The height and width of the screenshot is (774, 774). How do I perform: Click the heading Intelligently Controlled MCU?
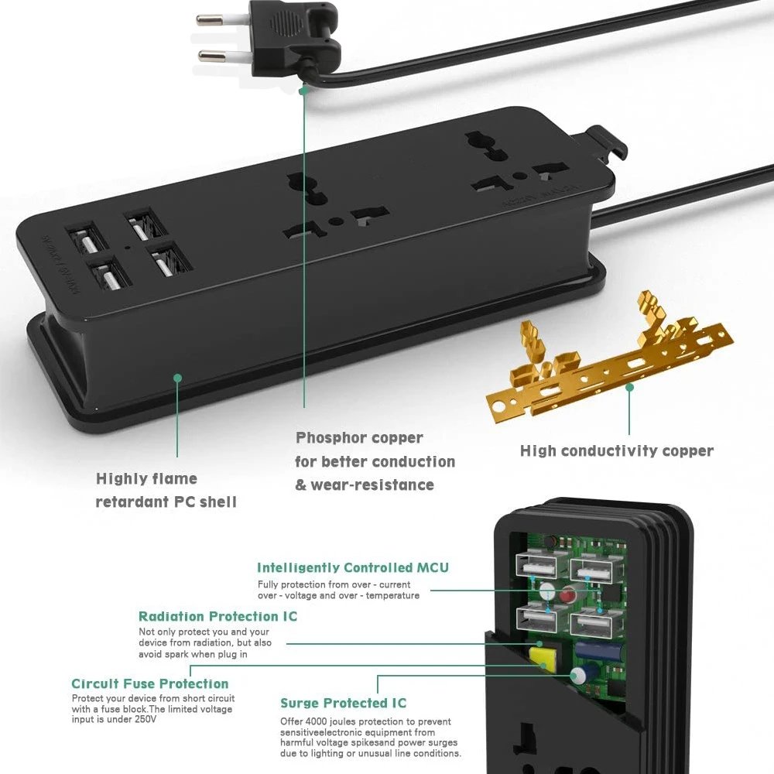pos(352,567)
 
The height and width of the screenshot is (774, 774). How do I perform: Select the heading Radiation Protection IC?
pos(217,616)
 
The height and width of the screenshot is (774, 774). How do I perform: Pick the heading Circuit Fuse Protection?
pos(150,683)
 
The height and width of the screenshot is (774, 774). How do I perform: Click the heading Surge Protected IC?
pos(343,703)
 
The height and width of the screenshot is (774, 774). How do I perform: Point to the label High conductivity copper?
pos(616,450)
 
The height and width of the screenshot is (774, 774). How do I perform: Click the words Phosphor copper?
pos(359,437)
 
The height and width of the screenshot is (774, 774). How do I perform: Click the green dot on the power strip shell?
pos(177,378)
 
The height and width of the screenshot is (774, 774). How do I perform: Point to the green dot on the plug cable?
pos(304,90)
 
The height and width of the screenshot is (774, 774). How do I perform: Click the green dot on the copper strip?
pos(629,386)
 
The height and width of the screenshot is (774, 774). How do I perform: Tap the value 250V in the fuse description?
pos(143,719)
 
